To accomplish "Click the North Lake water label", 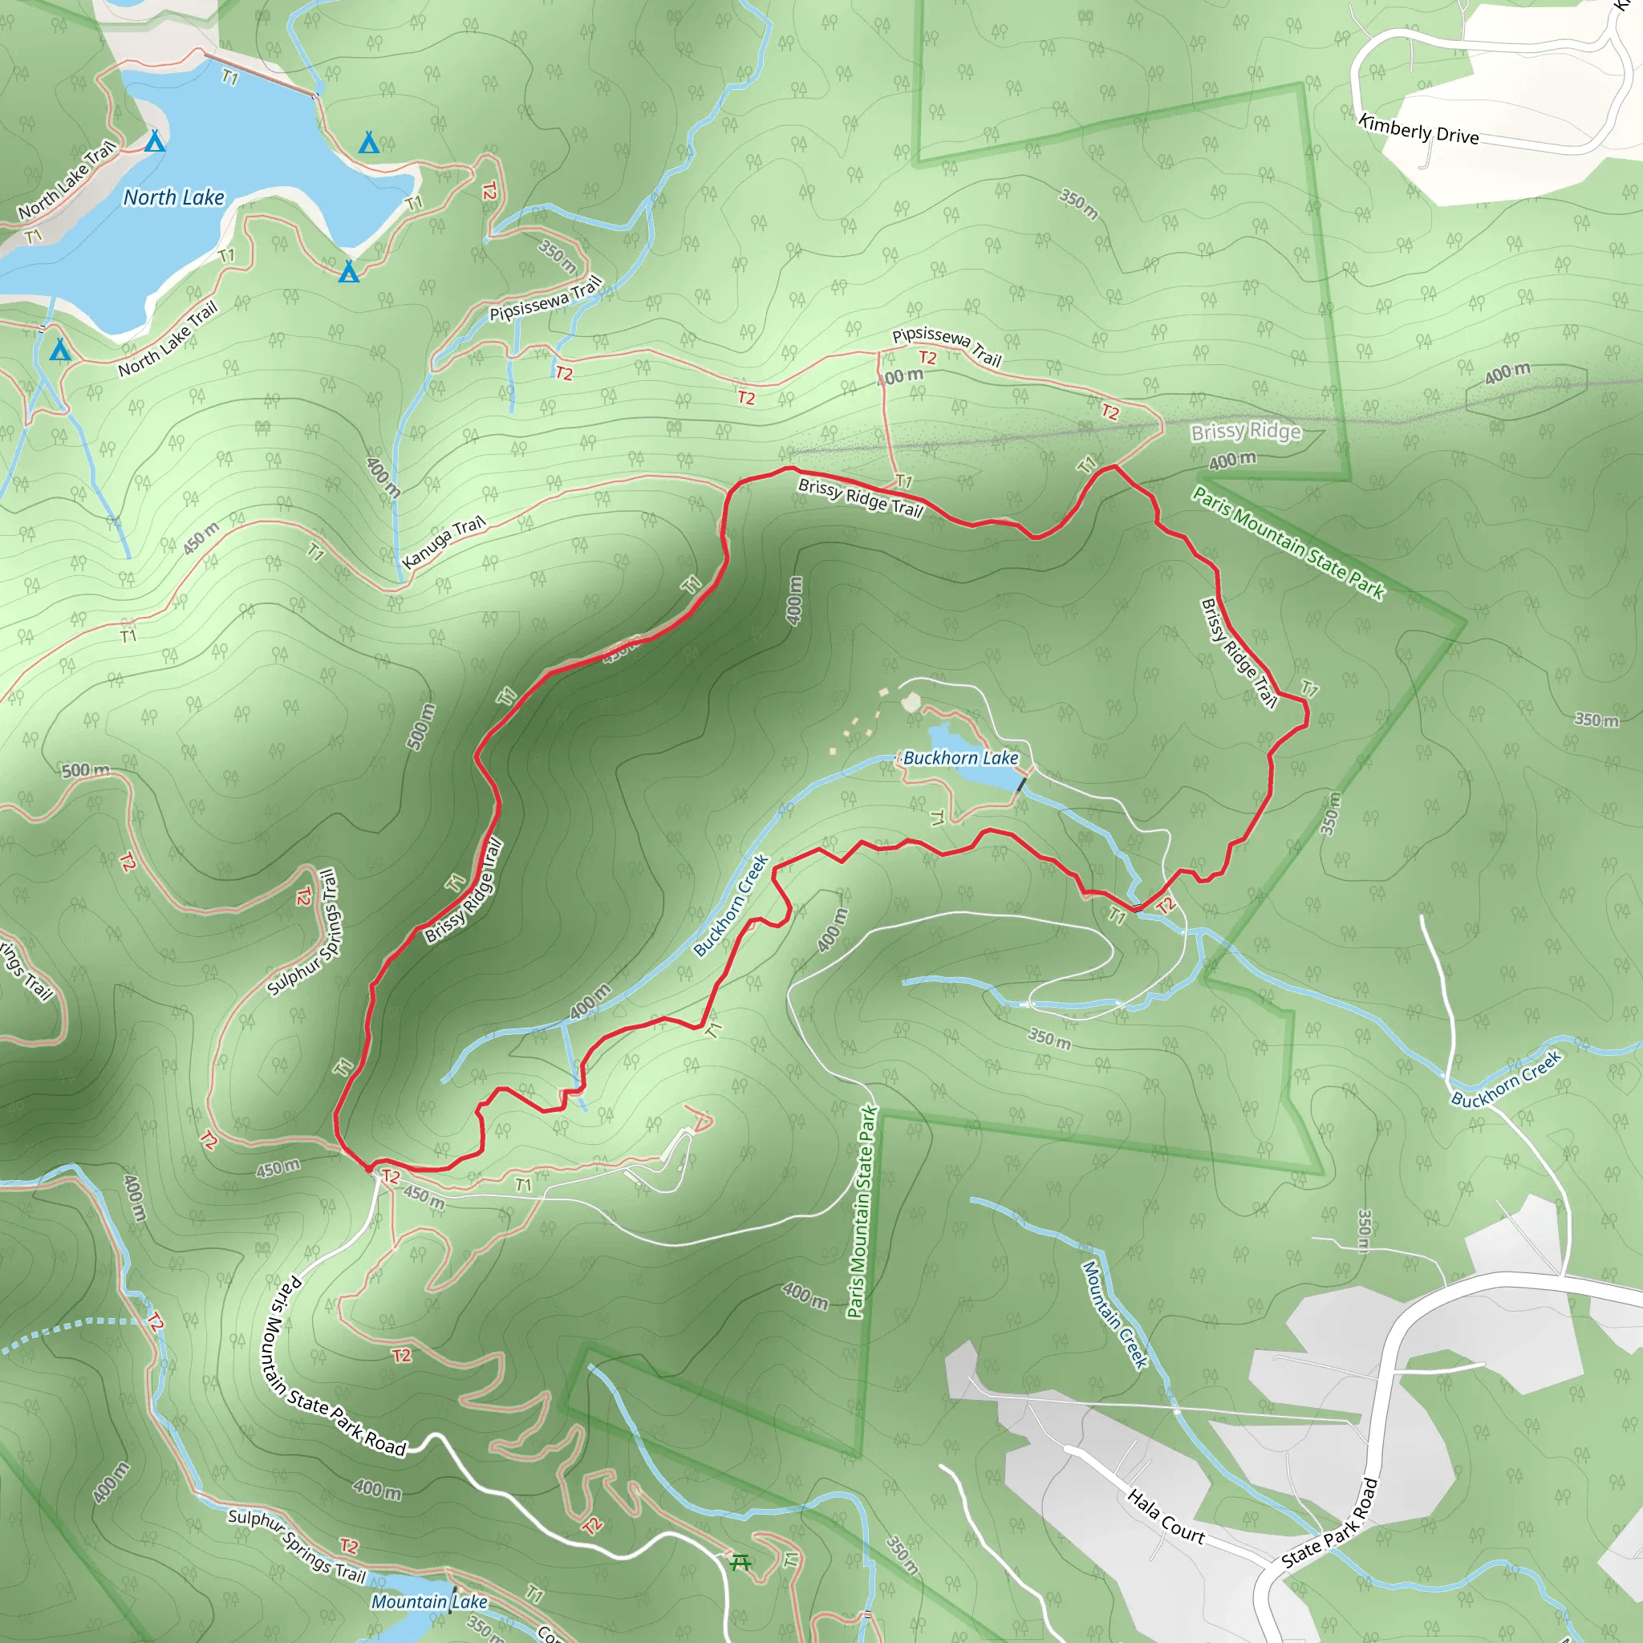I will click(x=173, y=197).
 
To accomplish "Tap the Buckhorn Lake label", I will click(x=960, y=757).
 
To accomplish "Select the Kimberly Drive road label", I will click(x=1418, y=129).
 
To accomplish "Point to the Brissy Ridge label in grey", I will click(x=1245, y=432).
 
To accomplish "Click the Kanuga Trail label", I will click(x=443, y=542).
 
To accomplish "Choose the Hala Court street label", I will click(x=1166, y=1516).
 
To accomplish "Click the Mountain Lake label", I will click(x=429, y=1602).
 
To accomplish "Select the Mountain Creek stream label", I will click(x=1115, y=1314).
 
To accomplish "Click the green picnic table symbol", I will click(x=740, y=1562).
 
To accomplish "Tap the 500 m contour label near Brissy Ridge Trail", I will click(x=421, y=727).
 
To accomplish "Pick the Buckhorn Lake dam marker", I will click(x=1021, y=783).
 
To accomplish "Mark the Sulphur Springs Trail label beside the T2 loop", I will click(x=302, y=932).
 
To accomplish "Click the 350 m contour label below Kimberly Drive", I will click(x=1078, y=203).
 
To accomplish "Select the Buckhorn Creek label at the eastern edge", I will click(x=1506, y=1080).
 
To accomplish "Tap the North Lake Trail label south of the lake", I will click(x=168, y=338).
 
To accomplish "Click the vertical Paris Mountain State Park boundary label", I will click(x=862, y=1212).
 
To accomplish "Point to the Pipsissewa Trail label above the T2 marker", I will click(x=947, y=346).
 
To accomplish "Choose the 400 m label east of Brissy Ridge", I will click(x=1507, y=371).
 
